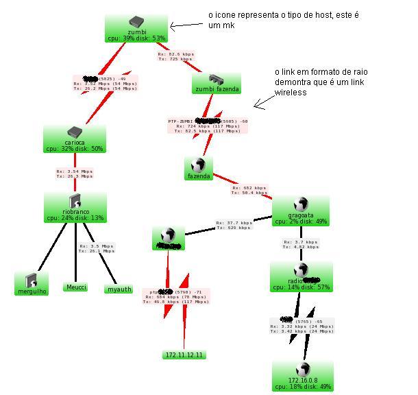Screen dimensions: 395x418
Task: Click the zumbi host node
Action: [136, 29]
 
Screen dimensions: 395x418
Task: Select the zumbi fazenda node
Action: [216, 84]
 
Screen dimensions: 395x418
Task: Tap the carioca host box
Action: [75, 139]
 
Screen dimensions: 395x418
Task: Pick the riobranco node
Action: [75, 207]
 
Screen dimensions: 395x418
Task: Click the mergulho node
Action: [32, 284]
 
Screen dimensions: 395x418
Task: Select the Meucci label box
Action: [76, 287]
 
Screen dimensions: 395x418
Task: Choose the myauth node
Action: [119, 289]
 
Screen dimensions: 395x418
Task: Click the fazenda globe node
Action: [199, 169]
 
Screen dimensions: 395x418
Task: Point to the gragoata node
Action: [300, 211]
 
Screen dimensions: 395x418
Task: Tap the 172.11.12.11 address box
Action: [184, 355]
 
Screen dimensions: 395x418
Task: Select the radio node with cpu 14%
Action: [301, 276]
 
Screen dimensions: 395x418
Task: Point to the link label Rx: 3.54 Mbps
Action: [75, 173]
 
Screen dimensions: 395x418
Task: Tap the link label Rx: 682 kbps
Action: [250, 190]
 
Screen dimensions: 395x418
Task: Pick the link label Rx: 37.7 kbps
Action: [234, 225]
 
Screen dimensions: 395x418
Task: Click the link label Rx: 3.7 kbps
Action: [300, 244]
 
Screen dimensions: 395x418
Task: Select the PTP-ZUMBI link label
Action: [208, 125]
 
